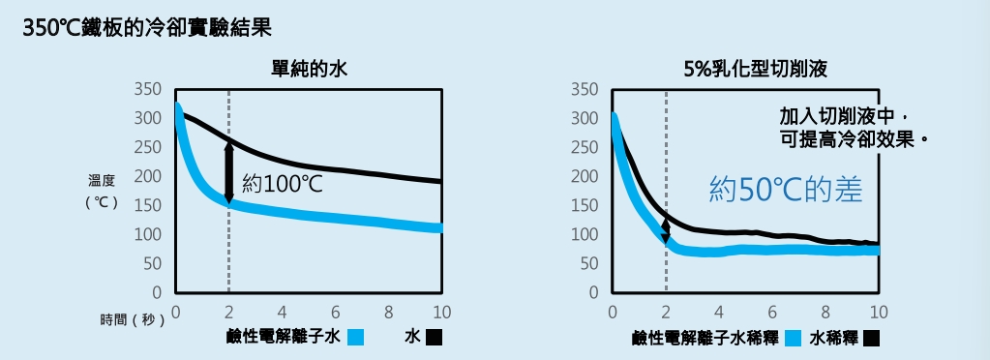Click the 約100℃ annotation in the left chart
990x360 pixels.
click(x=283, y=183)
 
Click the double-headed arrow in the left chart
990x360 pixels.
click(x=229, y=172)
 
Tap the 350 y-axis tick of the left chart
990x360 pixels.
click(x=148, y=89)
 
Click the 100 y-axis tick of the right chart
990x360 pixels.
click(x=585, y=234)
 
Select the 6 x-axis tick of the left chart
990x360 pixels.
click(x=335, y=312)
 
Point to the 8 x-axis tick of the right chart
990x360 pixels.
click(x=825, y=312)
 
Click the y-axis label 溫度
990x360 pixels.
click(x=102, y=180)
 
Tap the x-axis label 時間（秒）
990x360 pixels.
click(x=133, y=319)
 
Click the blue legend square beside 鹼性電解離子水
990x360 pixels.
click(x=355, y=338)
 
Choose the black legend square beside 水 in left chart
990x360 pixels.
click(x=434, y=338)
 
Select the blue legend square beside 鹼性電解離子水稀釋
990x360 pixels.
click(x=794, y=338)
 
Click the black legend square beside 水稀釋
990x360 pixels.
click(x=872, y=338)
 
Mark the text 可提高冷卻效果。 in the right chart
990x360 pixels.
click(x=860, y=138)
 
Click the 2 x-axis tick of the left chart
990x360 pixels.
click(x=228, y=312)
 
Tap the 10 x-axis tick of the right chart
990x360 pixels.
click(x=878, y=312)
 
